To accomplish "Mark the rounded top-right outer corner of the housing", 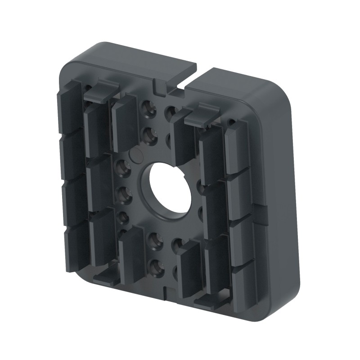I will pos(281,90).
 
